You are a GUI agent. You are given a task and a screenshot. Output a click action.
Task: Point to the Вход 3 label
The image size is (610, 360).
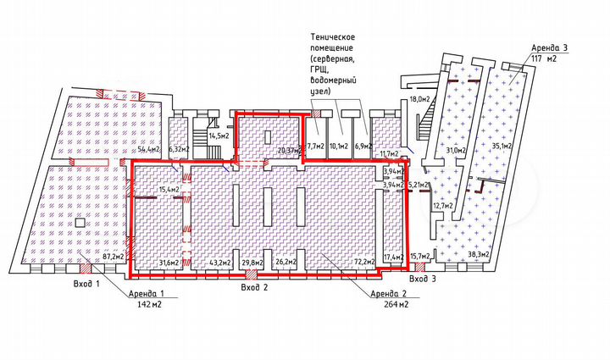[x=423, y=278]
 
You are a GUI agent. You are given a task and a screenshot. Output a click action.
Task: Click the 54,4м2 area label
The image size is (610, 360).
[x=149, y=149]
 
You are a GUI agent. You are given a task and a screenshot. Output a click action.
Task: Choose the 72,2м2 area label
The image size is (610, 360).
[x=364, y=262]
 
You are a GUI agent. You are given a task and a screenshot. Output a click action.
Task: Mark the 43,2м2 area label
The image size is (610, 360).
[x=220, y=262]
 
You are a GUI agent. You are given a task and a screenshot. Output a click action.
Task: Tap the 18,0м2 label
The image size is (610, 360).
[x=420, y=99]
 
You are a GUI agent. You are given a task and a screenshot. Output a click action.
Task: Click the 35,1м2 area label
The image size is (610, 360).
[x=502, y=145]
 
